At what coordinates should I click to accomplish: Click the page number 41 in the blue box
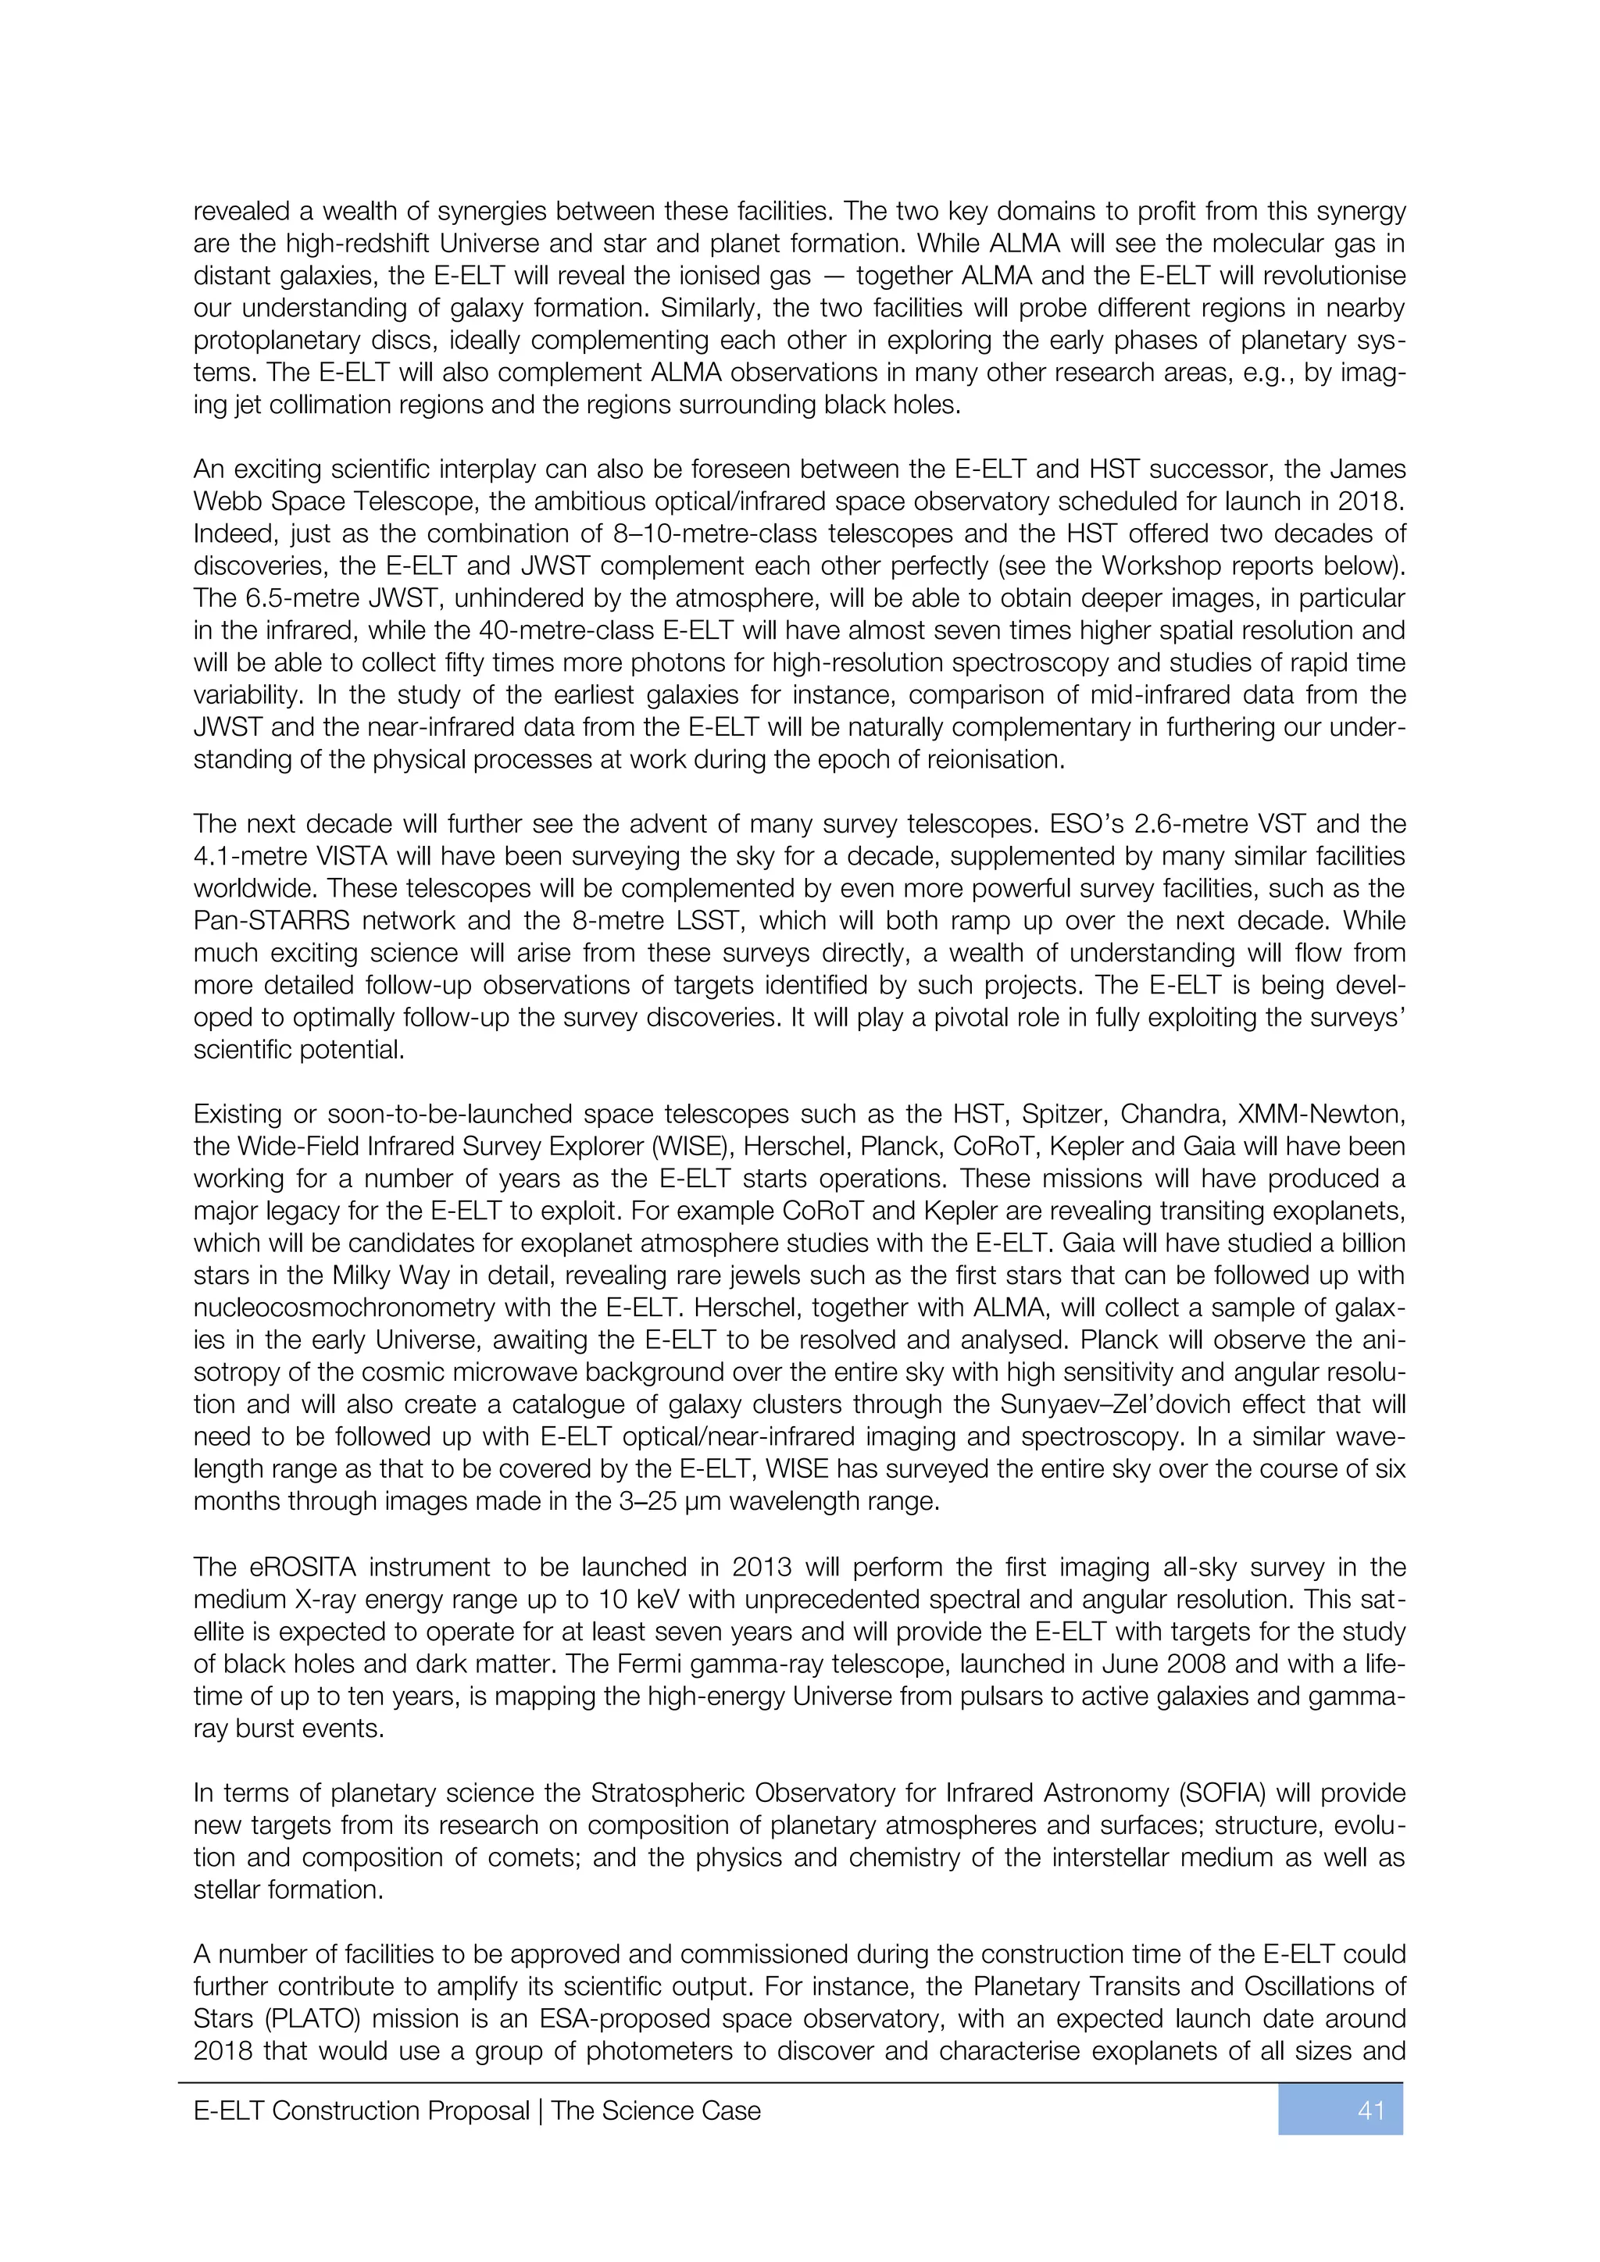(1370, 2110)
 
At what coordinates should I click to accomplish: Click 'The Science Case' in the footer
(656, 2110)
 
